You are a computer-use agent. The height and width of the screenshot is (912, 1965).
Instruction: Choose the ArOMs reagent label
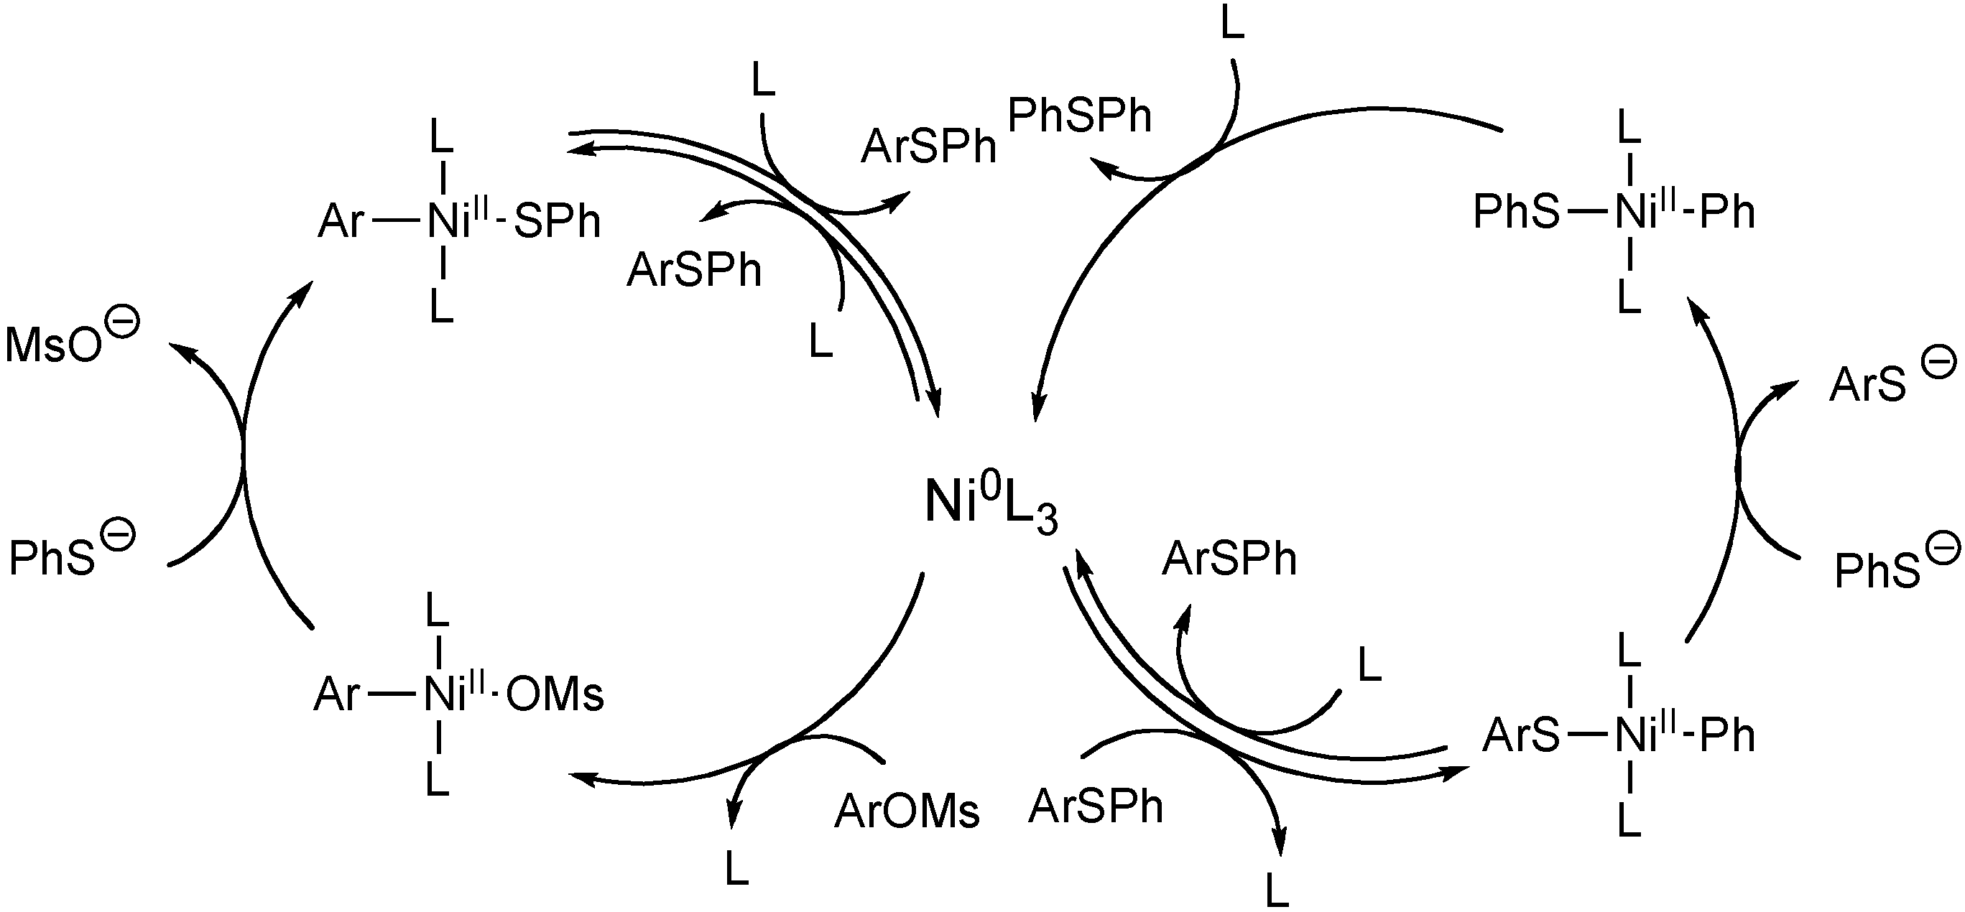coord(906,811)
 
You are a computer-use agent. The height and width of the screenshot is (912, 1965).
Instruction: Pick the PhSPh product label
coord(1078,116)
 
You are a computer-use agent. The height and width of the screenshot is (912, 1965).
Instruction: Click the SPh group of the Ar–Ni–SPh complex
coord(558,222)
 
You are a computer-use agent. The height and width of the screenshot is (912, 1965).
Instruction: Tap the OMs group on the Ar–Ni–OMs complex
coord(555,695)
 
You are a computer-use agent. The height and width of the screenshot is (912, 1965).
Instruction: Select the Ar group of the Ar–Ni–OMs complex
coord(336,695)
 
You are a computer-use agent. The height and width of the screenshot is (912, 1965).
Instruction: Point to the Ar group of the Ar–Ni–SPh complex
coord(341,222)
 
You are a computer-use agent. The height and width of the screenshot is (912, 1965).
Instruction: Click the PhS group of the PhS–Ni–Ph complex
coord(1517,212)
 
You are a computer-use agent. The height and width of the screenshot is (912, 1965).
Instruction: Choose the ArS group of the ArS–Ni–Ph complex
coord(1520,736)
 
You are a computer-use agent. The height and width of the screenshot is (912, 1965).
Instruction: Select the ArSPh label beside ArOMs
coord(1096,806)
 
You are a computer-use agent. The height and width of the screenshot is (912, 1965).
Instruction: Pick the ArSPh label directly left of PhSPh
coord(928,147)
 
